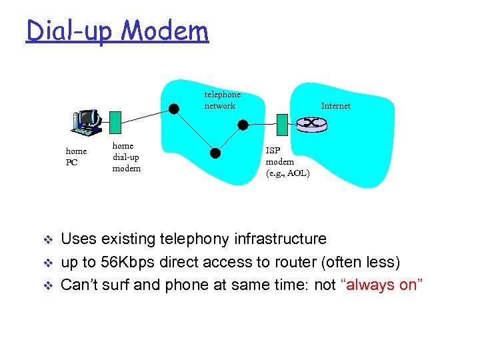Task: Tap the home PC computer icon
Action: [x=86, y=121]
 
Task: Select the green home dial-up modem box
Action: [x=115, y=122]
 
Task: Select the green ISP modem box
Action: [x=282, y=124]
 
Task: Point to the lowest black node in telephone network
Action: [x=214, y=152]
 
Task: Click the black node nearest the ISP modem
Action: [x=243, y=125]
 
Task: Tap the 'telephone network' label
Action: [x=222, y=100]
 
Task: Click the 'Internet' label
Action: [x=335, y=105]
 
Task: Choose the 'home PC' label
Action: [x=76, y=157]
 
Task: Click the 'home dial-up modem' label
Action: [x=126, y=157]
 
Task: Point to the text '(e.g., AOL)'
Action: [x=287, y=173]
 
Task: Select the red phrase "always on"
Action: [x=382, y=285]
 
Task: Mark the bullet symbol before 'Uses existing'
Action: [x=47, y=239]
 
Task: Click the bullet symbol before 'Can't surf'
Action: [x=47, y=285]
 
